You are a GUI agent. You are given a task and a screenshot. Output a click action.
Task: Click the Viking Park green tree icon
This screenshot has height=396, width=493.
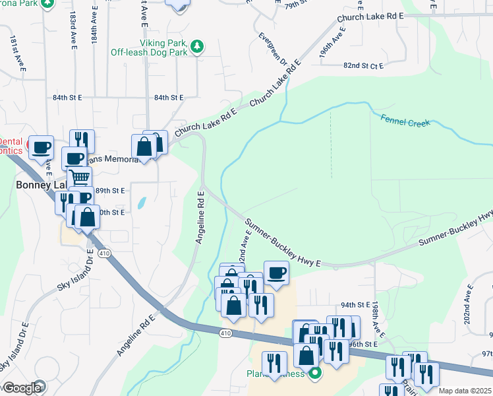(x=196, y=46)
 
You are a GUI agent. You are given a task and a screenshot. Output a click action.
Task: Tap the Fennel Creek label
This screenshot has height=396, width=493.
(x=405, y=120)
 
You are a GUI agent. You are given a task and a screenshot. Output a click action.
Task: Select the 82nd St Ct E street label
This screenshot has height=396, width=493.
(x=363, y=66)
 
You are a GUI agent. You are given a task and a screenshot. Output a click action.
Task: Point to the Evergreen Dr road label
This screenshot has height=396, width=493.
(x=272, y=50)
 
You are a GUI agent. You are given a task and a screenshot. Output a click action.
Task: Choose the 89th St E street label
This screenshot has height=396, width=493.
(x=110, y=190)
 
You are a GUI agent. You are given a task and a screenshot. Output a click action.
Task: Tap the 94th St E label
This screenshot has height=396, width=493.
(x=356, y=305)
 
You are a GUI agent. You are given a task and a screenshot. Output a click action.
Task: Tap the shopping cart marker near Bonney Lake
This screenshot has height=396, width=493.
(x=79, y=177)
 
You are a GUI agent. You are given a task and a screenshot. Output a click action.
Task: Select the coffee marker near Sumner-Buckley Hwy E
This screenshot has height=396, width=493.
(x=276, y=272)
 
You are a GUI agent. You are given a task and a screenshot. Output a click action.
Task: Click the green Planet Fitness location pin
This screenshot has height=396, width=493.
(x=315, y=373)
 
